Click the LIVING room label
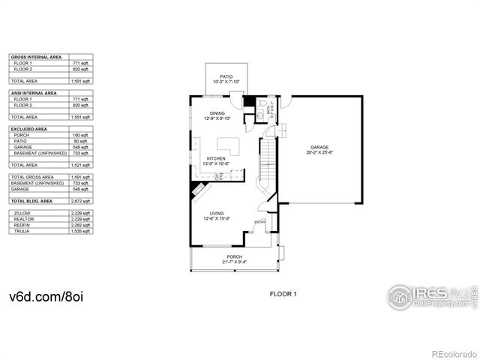pyautogui.click(x=217, y=215)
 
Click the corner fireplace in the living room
pyautogui.click(x=197, y=192)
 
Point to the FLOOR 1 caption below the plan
pyautogui.click(x=283, y=294)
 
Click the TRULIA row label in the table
pyautogui.click(x=22, y=232)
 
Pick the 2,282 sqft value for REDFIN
pyautogui.click(x=81, y=225)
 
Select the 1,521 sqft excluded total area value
pyautogui.click(x=81, y=164)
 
